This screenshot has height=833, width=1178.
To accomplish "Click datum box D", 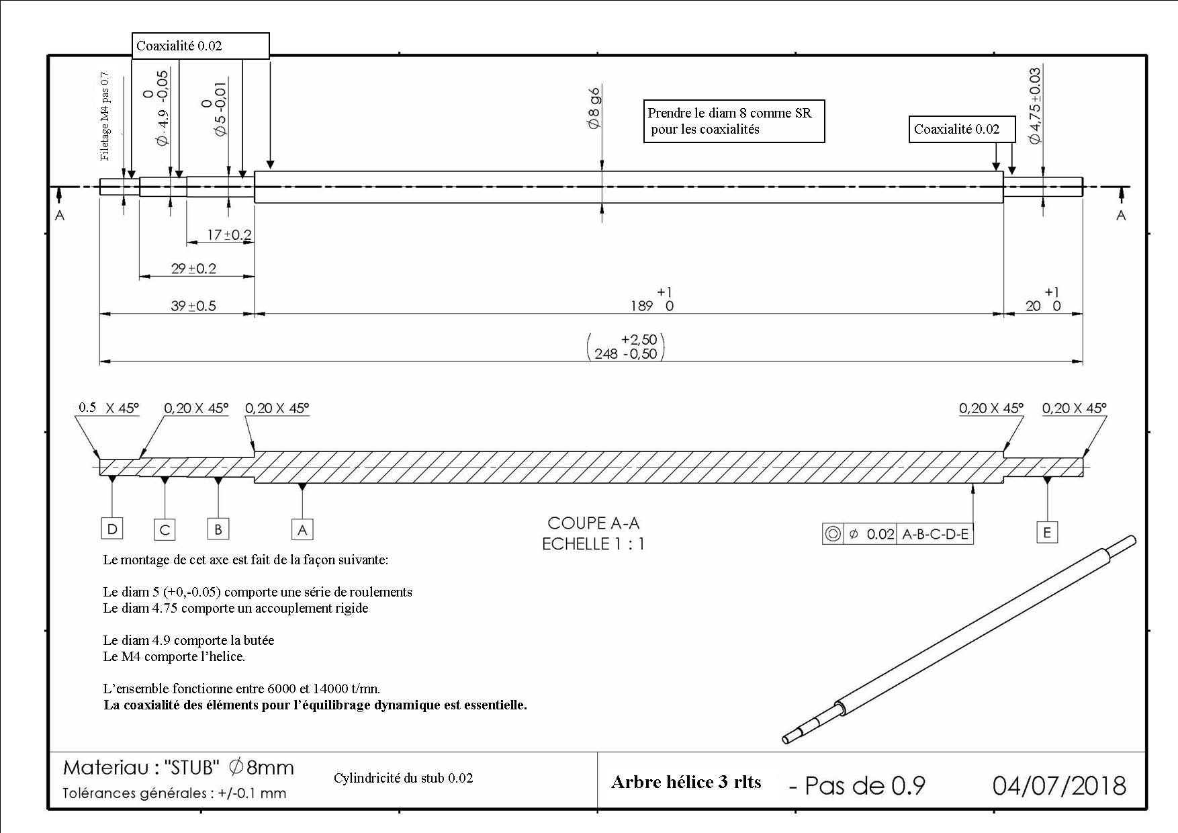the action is tap(112, 529).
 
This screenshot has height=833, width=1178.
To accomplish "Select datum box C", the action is tap(165, 529).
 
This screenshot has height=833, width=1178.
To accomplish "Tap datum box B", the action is tap(218, 529).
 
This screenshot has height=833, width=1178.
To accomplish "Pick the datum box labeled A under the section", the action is tap(302, 529).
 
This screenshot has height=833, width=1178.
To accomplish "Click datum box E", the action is tap(1047, 532).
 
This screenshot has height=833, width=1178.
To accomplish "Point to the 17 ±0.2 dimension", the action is tap(229, 234).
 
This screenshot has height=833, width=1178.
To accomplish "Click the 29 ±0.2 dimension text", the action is tap(193, 268).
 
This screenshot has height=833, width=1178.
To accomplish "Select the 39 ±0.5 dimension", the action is tap(193, 306).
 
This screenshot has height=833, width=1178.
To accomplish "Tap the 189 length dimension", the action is tap(651, 300).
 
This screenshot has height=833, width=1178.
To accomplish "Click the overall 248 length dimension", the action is tap(625, 347).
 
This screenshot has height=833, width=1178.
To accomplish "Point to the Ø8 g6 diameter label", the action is tap(594, 107).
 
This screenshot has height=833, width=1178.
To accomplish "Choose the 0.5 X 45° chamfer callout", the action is tap(109, 408).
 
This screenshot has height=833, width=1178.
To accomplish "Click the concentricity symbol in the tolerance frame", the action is tap(833, 534).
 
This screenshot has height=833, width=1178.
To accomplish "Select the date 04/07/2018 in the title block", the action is tap(1059, 785).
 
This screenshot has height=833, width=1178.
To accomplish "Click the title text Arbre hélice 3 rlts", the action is tap(686, 782).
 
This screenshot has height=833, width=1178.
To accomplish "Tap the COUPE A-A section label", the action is tap(594, 523).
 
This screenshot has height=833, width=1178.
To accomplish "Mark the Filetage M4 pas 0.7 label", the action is tap(105, 116).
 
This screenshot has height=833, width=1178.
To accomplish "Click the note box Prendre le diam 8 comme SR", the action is tap(734, 122).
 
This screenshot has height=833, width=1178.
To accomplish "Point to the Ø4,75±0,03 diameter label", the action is tap(1035, 105).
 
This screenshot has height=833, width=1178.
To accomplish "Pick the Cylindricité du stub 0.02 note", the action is tap(403, 778).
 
